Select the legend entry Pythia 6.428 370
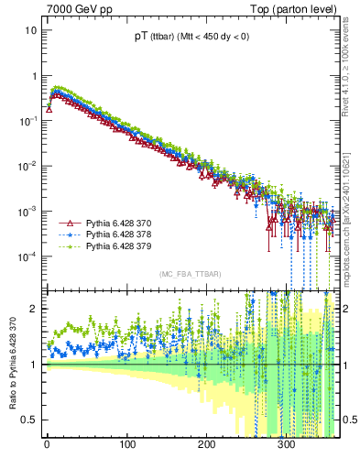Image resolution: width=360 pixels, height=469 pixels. coord(115,224)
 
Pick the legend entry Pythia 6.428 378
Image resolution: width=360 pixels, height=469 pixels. coord(115,235)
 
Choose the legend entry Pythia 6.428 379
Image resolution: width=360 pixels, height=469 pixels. coord(115,247)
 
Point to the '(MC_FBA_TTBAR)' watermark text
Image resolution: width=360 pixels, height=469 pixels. coord(189,275)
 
